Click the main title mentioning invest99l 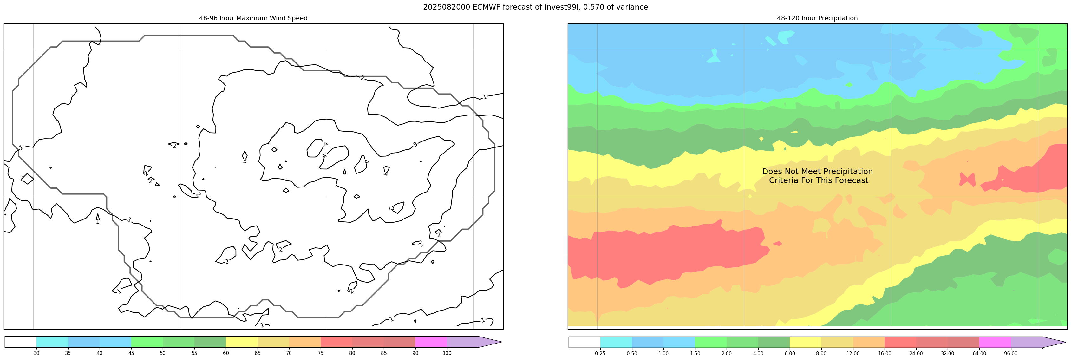pyautogui.click(x=535, y=7)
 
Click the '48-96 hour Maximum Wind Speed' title pyautogui.click(x=253, y=18)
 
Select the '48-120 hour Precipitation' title pyautogui.click(x=817, y=18)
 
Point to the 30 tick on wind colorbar pyautogui.click(x=36, y=353)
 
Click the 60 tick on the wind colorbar pyautogui.click(x=226, y=353)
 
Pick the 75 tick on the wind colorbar pyautogui.click(x=321, y=353)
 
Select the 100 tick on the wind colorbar pyautogui.click(x=447, y=353)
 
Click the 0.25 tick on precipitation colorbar pyautogui.click(x=600, y=353)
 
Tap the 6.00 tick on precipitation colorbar pyautogui.click(x=789, y=353)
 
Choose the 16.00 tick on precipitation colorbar pyautogui.click(x=884, y=353)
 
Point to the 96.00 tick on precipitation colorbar pyautogui.click(x=1011, y=353)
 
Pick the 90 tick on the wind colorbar pyautogui.click(x=415, y=353)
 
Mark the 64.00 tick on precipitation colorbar pyautogui.click(x=979, y=353)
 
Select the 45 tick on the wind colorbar pyautogui.click(x=131, y=353)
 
